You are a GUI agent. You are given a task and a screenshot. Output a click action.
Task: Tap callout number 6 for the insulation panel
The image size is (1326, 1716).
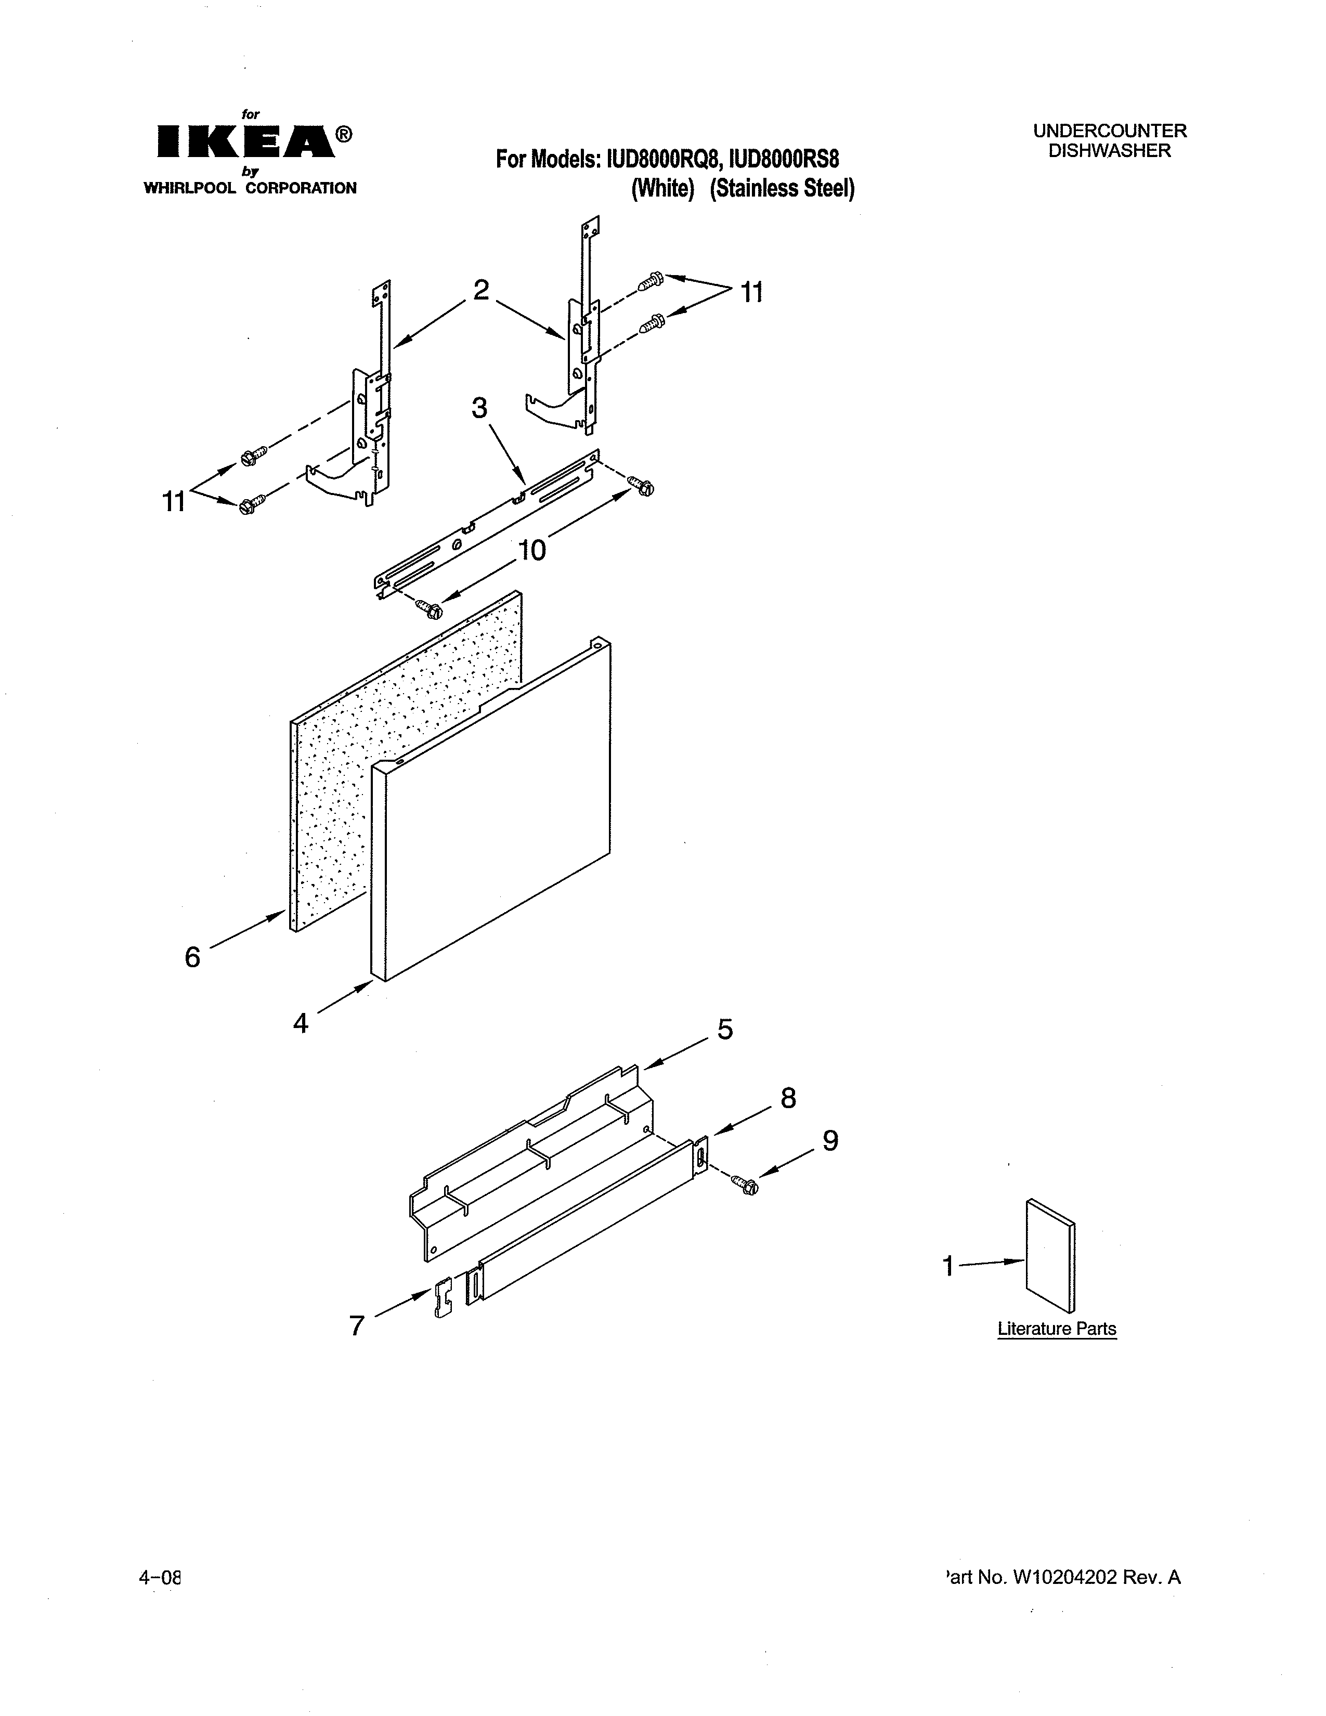(x=192, y=957)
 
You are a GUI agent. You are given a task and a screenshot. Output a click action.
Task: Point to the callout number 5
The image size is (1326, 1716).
(x=725, y=1029)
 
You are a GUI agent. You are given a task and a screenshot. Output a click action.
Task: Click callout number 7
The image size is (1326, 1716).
(x=357, y=1325)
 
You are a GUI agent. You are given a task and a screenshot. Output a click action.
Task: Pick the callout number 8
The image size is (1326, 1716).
(x=788, y=1098)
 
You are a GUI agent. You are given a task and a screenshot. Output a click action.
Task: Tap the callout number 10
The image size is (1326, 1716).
(x=532, y=550)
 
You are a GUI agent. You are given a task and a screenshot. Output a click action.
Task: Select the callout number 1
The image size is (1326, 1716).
(x=948, y=1266)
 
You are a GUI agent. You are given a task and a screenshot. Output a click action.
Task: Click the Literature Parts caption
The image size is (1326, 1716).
(x=1057, y=1329)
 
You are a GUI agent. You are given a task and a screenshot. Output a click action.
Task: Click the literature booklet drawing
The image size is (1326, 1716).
(x=1050, y=1256)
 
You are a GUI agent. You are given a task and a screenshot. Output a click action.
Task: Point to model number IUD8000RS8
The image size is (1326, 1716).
(x=784, y=160)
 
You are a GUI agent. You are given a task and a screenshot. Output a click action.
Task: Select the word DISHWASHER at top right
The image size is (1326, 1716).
(x=1109, y=151)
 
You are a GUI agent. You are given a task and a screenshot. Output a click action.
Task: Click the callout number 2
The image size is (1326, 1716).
(x=481, y=290)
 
